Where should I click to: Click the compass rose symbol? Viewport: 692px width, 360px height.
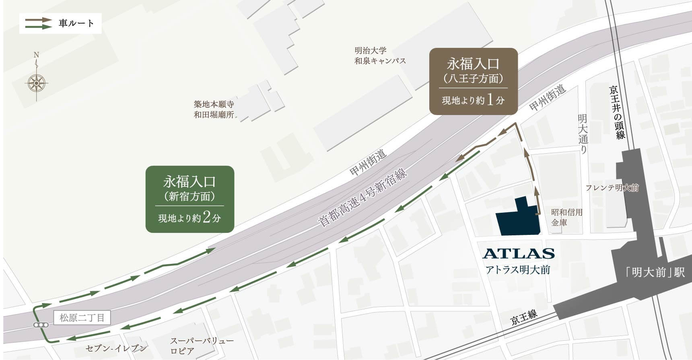(36, 83)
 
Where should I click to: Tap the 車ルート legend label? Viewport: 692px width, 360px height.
(76, 23)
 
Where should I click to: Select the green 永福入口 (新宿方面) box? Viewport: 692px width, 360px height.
(189, 199)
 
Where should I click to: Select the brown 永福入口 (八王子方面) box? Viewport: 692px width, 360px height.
(473, 81)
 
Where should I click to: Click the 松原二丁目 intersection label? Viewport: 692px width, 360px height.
(82, 318)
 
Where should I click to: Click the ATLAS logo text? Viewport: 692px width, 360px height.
(518, 253)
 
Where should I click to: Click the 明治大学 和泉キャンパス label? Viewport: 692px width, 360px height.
(380, 56)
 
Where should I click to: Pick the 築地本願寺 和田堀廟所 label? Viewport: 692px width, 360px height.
(214, 109)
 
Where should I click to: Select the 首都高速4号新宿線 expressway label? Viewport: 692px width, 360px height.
(362, 197)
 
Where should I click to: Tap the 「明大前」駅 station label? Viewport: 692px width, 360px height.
(655, 272)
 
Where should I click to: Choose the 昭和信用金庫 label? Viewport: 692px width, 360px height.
(566, 217)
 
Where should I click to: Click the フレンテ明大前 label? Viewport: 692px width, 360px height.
(612, 188)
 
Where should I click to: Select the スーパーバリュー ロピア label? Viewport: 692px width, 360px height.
(202, 346)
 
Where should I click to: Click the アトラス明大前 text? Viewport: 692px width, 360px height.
(518, 270)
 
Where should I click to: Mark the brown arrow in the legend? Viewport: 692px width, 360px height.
(39, 20)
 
